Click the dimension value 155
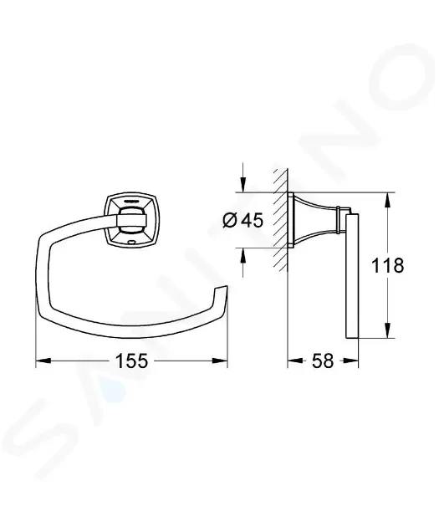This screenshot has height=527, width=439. (131, 361)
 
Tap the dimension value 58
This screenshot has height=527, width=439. (323, 361)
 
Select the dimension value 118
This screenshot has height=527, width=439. (387, 265)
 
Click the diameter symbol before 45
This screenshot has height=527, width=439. (230, 221)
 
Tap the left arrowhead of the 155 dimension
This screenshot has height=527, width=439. (43, 361)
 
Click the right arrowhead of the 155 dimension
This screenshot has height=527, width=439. (220, 361)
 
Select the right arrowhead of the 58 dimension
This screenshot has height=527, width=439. (350, 361)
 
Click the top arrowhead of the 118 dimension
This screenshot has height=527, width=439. (388, 200)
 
